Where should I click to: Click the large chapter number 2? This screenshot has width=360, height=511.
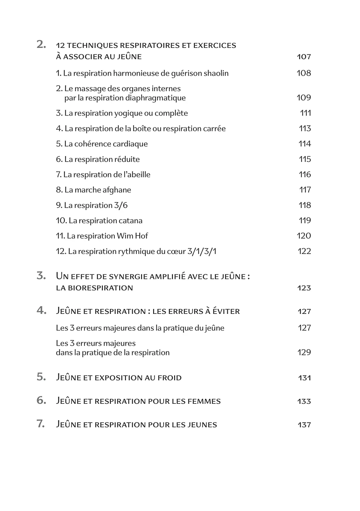pyautogui.click(x=41, y=45)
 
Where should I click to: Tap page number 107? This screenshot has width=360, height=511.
pyautogui.click(x=304, y=57)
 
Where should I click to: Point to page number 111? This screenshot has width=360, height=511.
pyautogui.click(x=305, y=113)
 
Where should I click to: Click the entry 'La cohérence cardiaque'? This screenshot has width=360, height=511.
pyautogui.click(x=102, y=144)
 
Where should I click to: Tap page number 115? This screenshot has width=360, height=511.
pyautogui.click(x=305, y=159)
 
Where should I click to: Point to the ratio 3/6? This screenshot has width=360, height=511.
pyautogui.click(x=121, y=205)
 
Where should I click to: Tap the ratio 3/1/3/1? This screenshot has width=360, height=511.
pyautogui.click(x=202, y=251)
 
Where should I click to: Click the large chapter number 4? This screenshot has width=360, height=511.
pyautogui.click(x=41, y=310)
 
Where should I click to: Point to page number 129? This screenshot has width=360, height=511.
pyautogui.click(x=304, y=353)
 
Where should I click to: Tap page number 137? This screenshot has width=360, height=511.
pyautogui.click(x=304, y=425)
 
